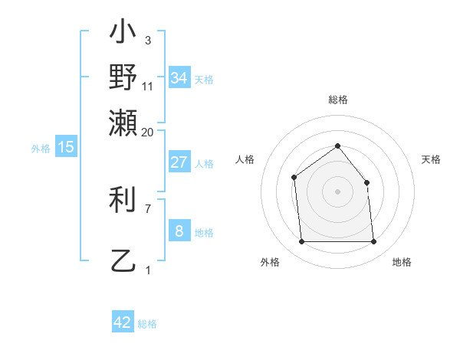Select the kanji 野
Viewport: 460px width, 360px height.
(123, 77)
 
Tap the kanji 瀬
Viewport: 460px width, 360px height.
(123, 121)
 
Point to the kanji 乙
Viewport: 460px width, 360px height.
(123, 262)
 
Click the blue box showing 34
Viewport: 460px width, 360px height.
(179, 78)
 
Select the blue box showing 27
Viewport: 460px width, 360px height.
(179, 162)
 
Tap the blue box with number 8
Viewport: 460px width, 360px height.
(179, 231)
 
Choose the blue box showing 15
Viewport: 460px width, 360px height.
(66, 147)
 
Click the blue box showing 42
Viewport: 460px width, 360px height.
(123, 322)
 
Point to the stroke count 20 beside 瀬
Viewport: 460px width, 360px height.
(148, 133)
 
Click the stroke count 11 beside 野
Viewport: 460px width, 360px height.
(148, 87)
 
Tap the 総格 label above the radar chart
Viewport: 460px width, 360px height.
(337, 100)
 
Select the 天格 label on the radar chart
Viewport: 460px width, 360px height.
(431, 159)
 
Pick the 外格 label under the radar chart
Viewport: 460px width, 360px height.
(270, 262)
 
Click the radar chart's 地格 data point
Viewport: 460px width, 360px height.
(373, 242)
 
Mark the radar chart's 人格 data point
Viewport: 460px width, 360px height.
(294, 178)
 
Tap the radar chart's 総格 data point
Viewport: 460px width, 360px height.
(337, 146)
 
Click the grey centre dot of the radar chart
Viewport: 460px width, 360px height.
(337, 191)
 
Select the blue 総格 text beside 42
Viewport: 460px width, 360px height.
(147, 324)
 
